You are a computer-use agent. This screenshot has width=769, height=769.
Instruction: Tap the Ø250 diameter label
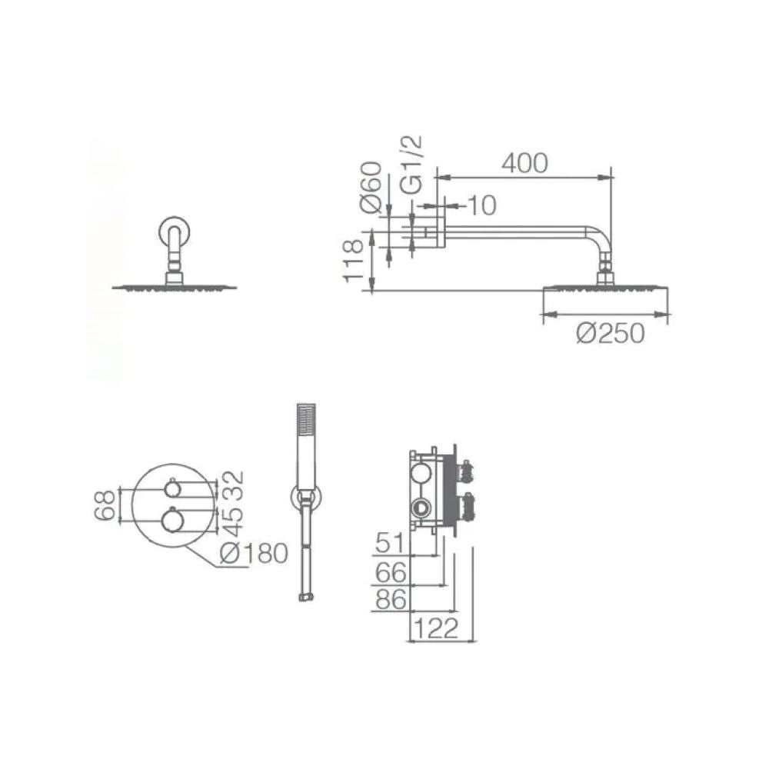pyautogui.click(x=610, y=334)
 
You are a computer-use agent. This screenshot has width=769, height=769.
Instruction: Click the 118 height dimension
pyautogui.click(x=354, y=261)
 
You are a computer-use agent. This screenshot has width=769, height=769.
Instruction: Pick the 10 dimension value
pyautogui.click(x=481, y=205)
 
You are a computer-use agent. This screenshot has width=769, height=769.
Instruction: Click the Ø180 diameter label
pyautogui.click(x=253, y=553)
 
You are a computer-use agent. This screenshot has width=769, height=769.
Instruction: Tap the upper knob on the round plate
pyautogui.click(x=173, y=488)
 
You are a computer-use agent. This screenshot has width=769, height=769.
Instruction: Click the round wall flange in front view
pyautogui.click(x=172, y=233)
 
